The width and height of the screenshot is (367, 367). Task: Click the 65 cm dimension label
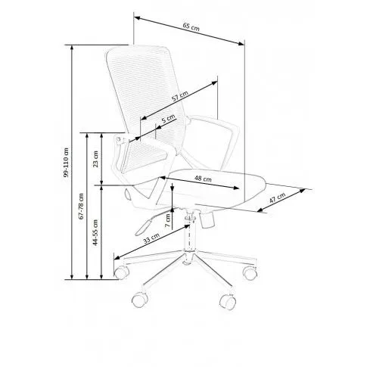[x=191, y=26]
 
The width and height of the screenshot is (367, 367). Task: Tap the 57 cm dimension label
[x=180, y=96]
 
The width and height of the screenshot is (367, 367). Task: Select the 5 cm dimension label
[x=168, y=118]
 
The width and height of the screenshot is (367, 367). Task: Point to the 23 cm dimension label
[x=96, y=159]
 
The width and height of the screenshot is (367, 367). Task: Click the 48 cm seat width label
[x=203, y=179]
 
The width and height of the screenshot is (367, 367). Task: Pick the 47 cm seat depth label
[x=278, y=198]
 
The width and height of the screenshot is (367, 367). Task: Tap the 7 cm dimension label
[x=168, y=220]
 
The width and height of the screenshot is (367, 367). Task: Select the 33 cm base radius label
[x=151, y=238]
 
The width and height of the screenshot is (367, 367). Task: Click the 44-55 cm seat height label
[x=95, y=232]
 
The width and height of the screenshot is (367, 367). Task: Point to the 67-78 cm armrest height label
[x=81, y=206]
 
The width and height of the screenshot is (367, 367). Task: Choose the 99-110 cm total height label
[x=66, y=162]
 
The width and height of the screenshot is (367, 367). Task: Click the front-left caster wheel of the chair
[x=140, y=300]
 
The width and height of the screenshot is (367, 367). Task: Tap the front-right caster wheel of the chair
[x=228, y=301]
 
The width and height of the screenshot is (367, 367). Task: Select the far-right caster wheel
[x=250, y=272]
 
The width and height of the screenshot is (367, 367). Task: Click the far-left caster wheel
[x=122, y=272]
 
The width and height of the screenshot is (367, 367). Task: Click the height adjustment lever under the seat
[x=146, y=224]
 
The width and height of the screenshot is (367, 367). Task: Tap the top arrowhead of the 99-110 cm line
[x=72, y=48]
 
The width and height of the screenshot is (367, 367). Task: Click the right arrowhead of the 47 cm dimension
[x=302, y=191]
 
